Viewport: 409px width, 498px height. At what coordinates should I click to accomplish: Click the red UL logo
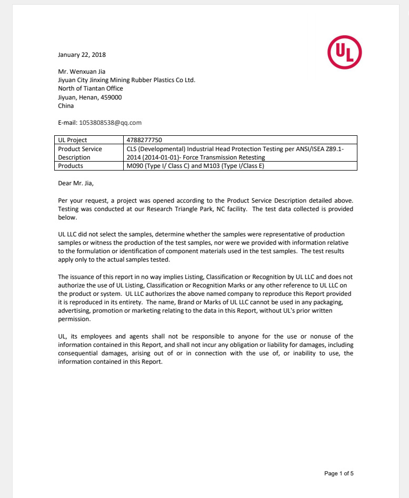point(344,52)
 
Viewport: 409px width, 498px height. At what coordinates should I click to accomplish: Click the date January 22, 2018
point(82,55)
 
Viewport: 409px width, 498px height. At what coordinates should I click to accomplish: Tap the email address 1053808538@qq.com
point(111,123)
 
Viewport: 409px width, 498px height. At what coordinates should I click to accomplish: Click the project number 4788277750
point(145,140)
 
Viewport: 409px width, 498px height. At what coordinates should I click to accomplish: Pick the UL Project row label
point(73,140)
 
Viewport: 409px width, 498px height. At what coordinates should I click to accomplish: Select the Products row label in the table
point(71,166)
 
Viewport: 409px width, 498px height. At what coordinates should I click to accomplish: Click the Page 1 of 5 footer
point(338,473)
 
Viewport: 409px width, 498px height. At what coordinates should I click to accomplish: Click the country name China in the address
point(66,106)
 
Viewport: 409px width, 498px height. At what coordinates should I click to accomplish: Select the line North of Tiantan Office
point(90,89)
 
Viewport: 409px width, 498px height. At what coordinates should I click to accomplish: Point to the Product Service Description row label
point(80,153)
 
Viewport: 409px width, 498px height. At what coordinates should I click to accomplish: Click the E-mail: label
point(67,123)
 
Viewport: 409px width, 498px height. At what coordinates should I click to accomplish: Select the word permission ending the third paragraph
point(74,319)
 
